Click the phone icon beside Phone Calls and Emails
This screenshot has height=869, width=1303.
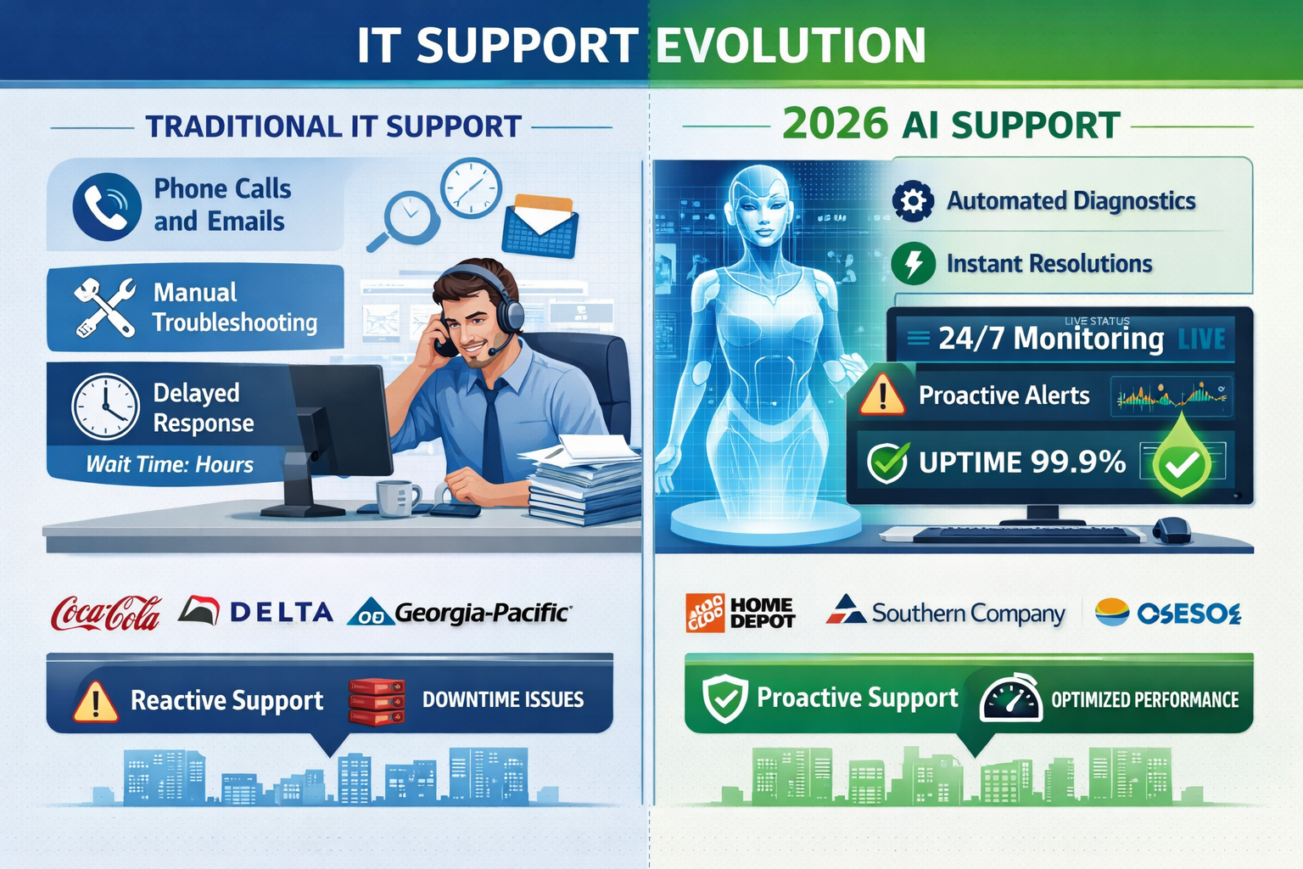coord(107,207)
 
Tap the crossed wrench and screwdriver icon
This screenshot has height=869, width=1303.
coord(104,307)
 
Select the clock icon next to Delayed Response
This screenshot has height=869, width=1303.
coord(105,406)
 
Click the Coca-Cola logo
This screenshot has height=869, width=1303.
coord(106,613)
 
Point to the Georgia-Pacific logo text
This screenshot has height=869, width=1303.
coord(482,613)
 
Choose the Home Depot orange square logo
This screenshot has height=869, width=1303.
coord(704,613)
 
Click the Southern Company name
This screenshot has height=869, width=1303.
coord(968,614)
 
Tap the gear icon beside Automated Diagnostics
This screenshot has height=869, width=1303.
coord(913,201)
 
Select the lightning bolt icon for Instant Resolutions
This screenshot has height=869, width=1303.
coord(913,264)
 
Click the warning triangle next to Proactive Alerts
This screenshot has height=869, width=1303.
coord(882,395)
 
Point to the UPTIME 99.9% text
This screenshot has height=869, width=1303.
coord(1021,463)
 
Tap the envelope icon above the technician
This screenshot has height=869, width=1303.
coord(540,226)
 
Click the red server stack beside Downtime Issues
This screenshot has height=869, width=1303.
coord(376,701)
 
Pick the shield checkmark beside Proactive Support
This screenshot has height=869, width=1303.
coord(725,698)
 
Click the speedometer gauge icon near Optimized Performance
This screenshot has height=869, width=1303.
coord(1010,699)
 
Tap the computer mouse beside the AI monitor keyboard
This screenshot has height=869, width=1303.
coord(1172,530)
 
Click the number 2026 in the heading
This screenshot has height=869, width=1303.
coord(835,125)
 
